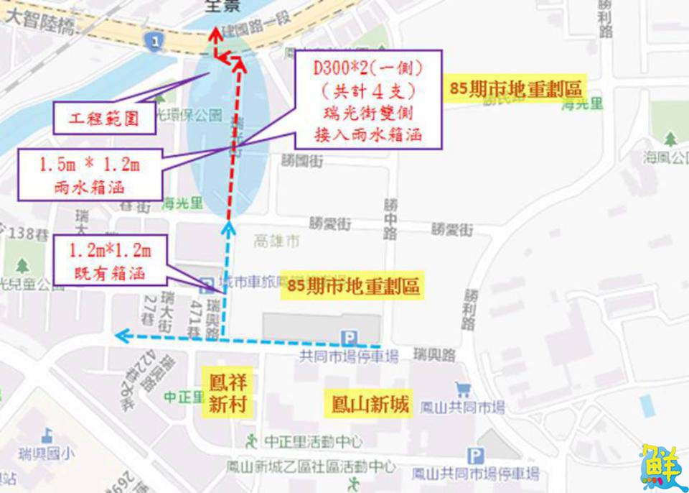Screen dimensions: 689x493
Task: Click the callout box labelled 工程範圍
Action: [x=105, y=118]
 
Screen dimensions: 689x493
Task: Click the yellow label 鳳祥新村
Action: [x=228, y=393]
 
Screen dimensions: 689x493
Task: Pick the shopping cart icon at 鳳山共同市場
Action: [x=463, y=390]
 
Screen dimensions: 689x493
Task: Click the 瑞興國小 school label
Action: [x=47, y=453]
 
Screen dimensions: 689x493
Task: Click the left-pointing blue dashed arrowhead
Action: [x=121, y=335]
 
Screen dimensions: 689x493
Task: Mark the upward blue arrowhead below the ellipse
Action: [x=228, y=229]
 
